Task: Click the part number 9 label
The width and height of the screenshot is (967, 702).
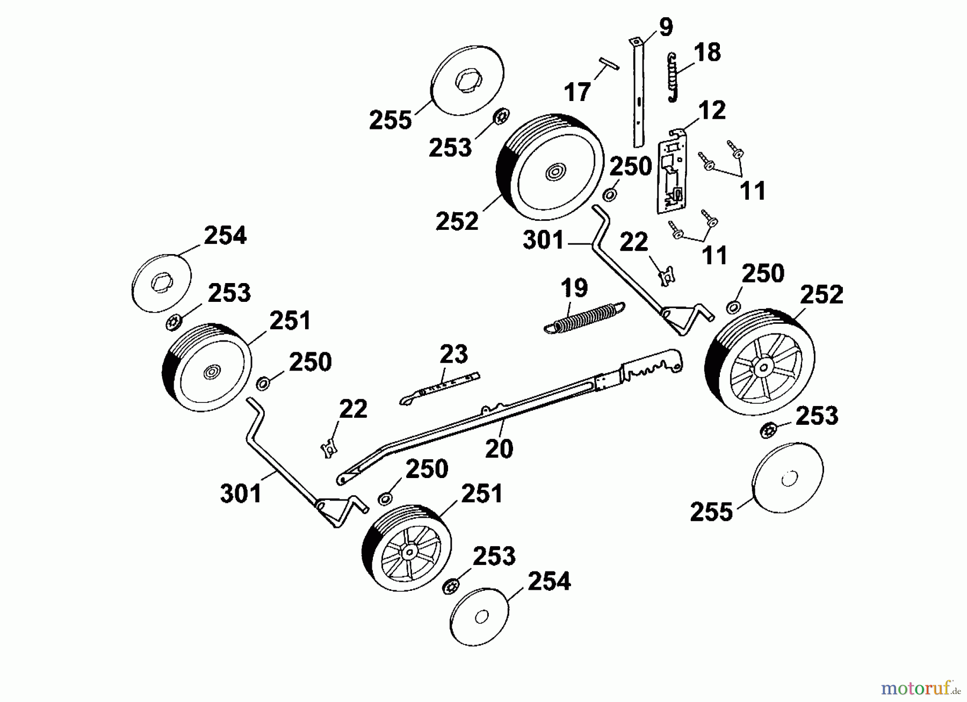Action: tap(665, 27)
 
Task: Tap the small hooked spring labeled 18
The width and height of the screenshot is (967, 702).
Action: tap(672, 77)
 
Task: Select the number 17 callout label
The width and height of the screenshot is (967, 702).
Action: tap(578, 92)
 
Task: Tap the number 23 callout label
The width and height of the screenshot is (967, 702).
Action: tap(453, 354)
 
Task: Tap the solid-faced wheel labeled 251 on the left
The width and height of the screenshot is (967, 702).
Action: tap(207, 367)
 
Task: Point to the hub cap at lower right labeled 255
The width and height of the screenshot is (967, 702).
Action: tap(788, 479)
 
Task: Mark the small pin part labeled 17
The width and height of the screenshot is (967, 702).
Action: tap(605, 64)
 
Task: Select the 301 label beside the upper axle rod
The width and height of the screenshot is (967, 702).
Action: tap(543, 240)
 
